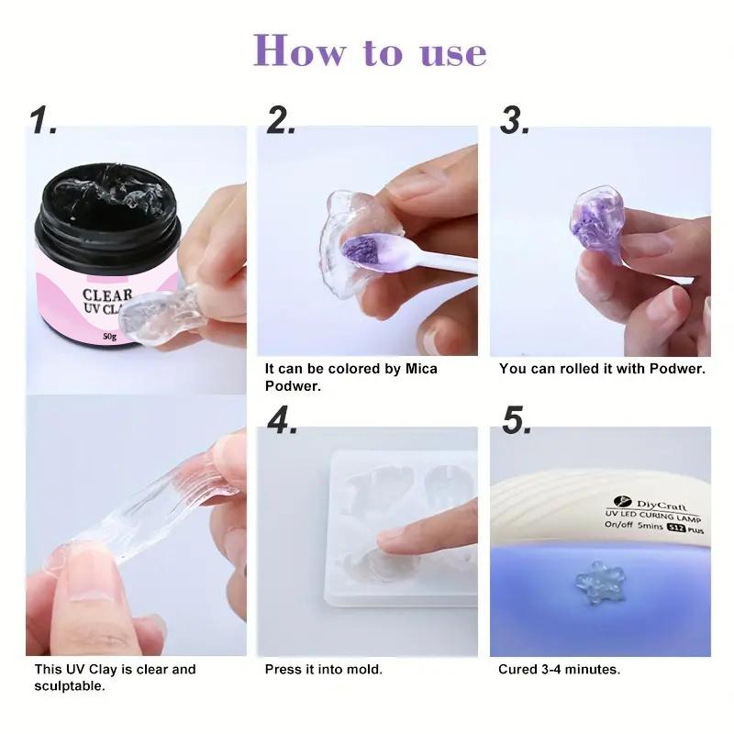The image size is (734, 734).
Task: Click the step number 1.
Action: [43, 119]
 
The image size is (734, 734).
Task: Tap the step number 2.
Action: [281, 119]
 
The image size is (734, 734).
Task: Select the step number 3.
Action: [516, 119]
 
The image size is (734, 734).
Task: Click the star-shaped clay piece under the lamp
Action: [597, 581]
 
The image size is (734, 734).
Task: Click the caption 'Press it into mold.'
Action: [323, 669]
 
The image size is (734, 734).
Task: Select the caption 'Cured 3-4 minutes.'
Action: [559, 669]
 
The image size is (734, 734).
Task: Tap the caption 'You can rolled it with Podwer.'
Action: [601, 368]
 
